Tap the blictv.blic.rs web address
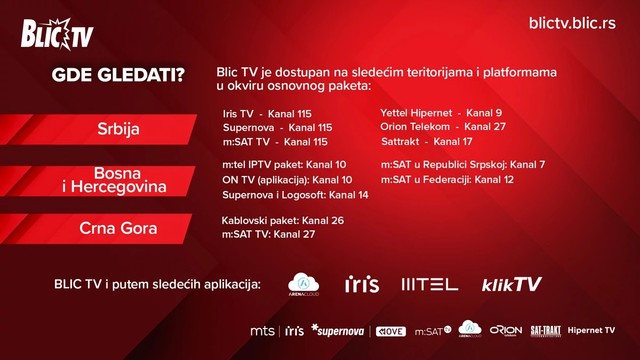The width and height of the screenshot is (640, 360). click(571, 22)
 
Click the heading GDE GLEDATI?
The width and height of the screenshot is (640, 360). click(111, 76)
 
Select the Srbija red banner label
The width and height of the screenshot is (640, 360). click(118, 130)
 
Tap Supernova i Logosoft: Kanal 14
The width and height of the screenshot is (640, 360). click(295, 194)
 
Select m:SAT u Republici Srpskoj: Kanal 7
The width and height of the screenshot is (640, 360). click(463, 164)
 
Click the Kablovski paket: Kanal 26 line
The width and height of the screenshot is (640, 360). click(282, 219)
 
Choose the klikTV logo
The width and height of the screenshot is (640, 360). click(511, 285)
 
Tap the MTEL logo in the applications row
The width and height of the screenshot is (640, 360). click(429, 285)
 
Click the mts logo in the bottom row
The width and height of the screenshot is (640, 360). click(262, 330)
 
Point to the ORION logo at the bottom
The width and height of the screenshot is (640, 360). click(505, 330)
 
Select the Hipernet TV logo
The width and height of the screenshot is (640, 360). click(591, 330)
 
